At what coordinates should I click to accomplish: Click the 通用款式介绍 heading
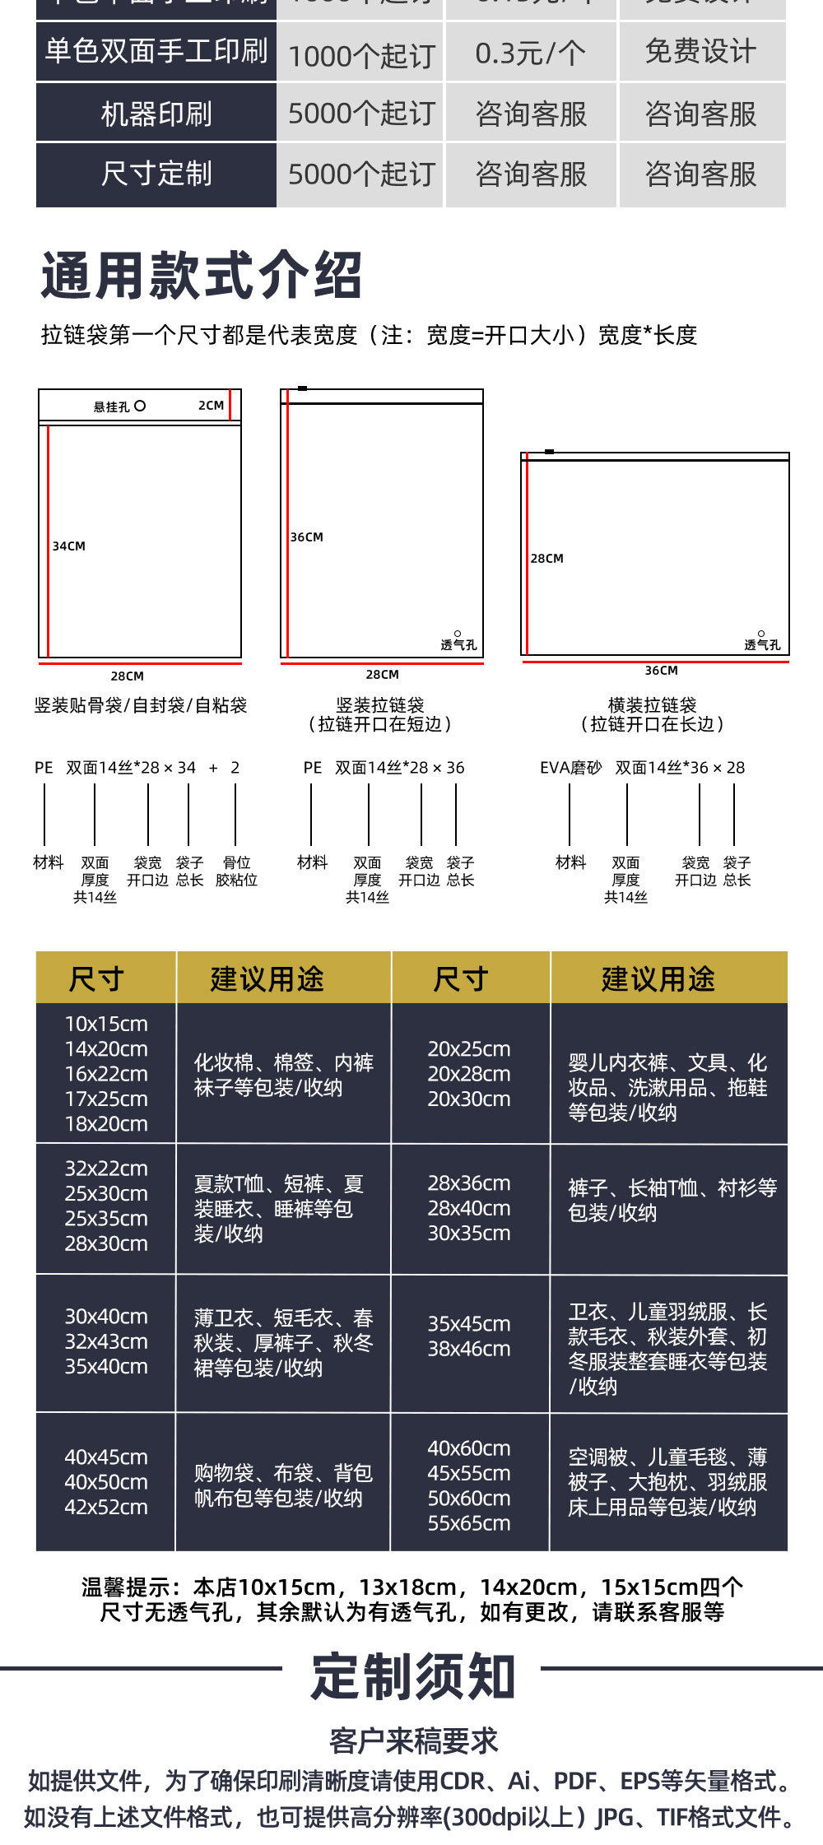pos(202,276)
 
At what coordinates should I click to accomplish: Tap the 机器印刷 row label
pos(156,114)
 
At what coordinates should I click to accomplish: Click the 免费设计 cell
pos(700,52)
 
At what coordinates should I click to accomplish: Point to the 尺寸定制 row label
pos(156,174)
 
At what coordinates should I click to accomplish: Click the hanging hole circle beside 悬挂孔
pos(140,406)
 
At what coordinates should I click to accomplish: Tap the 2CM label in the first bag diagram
pos(211,406)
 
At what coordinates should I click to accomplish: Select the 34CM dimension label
pos(69,546)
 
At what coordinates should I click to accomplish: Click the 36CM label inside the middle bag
pos(307,537)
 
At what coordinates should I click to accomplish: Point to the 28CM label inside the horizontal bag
pos(547,559)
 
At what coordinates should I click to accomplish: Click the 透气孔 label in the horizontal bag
pos(762,644)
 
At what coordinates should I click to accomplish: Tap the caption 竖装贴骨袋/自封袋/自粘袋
pos(141,705)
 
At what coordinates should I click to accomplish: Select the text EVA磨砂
pos(570,768)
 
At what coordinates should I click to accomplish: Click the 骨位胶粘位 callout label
pos(236,871)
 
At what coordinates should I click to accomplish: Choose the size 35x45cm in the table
pos(469,1324)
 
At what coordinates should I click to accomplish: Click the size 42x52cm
pos(106,1507)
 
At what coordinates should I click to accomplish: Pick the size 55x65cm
pos(469,1523)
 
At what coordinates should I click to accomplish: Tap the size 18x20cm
pos(106,1123)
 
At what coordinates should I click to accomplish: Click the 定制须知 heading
pos(413,1676)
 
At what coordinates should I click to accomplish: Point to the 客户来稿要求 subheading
pos(413,1740)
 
